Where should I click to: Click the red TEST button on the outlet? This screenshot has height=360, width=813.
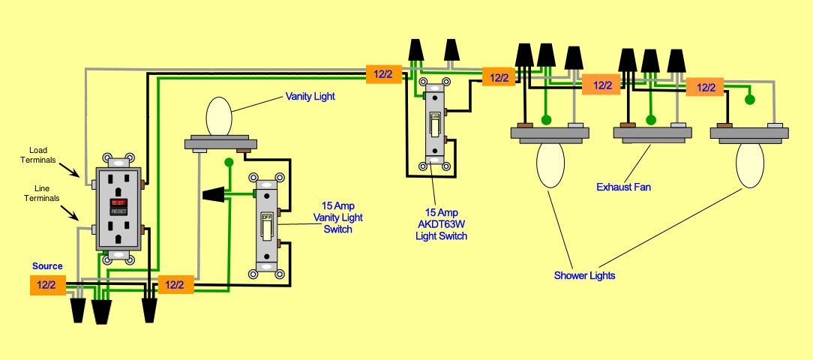(x=118, y=202)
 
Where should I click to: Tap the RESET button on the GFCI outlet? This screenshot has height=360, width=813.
(x=118, y=211)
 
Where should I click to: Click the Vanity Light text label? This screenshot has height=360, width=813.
(x=310, y=97)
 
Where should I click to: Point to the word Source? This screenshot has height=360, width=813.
(x=47, y=266)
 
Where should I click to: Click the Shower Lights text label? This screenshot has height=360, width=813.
(x=584, y=275)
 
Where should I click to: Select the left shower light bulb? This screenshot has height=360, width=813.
(x=551, y=166)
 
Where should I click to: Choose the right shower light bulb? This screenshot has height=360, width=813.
(x=749, y=166)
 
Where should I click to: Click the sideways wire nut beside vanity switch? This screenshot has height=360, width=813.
(x=214, y=194)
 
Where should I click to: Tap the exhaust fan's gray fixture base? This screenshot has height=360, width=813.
(x=651, y=134)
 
